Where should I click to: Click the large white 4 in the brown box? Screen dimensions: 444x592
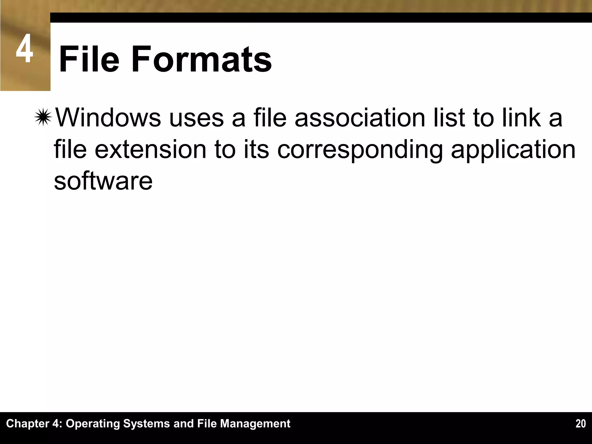tap(24, 49)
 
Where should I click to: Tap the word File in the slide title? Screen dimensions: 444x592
tap(89, 59)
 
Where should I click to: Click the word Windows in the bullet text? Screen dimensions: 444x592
tap(108, 118)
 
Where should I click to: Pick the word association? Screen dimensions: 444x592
tap(360, 118)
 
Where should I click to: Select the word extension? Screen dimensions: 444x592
tap(150, 149)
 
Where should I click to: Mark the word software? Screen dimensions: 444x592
tap(103, 181)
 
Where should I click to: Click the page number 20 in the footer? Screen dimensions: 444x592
tap(580, 424)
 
